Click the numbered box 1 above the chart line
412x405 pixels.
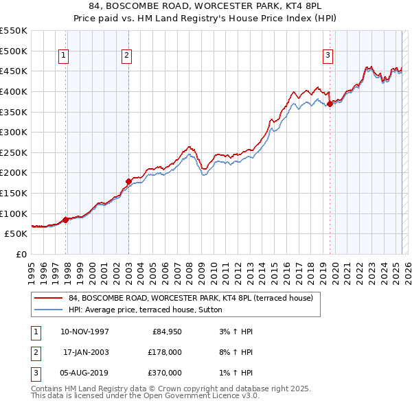[63, 56]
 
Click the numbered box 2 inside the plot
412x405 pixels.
[127, 56]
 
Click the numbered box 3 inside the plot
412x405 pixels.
[328, 56]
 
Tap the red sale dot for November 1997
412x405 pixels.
[66, 220]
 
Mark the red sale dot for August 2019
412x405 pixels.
[330, 104]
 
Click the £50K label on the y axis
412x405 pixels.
[16, 233]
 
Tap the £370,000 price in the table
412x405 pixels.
[165, 373]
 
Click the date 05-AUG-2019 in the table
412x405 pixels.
[86, 373]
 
